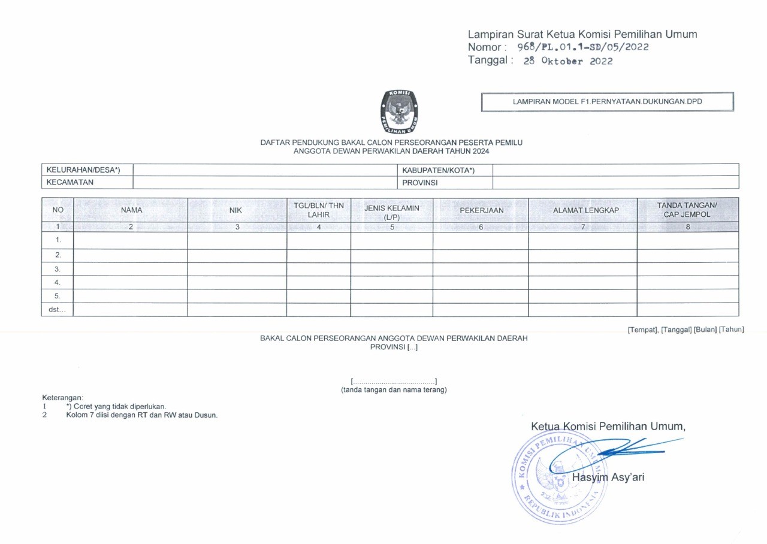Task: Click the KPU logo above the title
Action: coord(399,111)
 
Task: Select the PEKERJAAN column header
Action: coord(481,210)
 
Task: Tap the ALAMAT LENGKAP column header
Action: coord(585,210)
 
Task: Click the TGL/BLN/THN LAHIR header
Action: coord(319,210)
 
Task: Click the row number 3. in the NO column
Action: coord(58,269)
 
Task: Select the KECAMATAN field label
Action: coord(70,182)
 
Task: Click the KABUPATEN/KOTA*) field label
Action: coord(438,170)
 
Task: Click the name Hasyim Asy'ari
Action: coord(608,477)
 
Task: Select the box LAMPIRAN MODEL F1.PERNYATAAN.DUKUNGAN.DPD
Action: coord(607,102)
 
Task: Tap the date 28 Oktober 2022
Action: coord(567,61)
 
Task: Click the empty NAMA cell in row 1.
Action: coord(130,240)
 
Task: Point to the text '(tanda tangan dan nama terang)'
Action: coord(394,390)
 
